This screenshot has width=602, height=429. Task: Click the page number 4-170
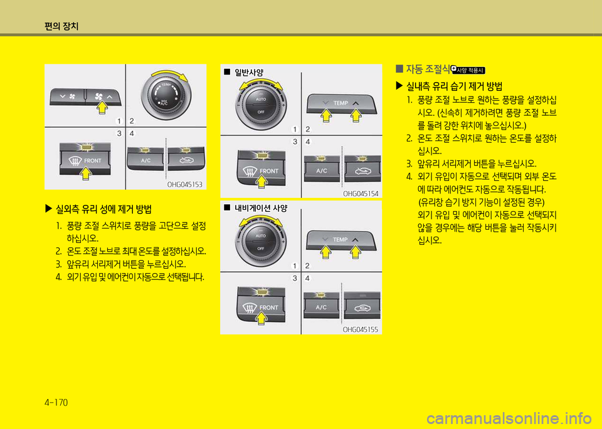[x=56, y=402]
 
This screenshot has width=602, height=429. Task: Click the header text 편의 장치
[x=61, y=26]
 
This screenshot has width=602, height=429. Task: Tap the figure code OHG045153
[x=184, y=184]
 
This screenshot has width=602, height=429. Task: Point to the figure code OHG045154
[x=361, y=194]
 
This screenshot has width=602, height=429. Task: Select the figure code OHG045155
[x=361, y=329]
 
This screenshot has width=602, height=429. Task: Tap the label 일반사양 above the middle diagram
[x=249, y=72]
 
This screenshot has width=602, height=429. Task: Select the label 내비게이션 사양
[x=261, y=208]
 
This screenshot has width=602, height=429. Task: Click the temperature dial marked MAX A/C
[x=166, y=95]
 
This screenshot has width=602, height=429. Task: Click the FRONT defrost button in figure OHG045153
[x=85, y=159]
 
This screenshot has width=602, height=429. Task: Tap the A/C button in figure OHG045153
[x=145, y=160]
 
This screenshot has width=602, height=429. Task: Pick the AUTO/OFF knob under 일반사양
[x=261, y=105]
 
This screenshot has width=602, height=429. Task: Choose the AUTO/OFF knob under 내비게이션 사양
[x=261, y=242]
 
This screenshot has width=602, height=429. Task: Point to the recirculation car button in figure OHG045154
[x=362, y=169]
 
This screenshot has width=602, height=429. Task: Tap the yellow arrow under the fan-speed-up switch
[x=102, y=107]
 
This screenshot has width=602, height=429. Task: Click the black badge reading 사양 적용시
[x=468, y=70]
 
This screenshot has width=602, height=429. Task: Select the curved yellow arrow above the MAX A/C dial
[x=169, y=74]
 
